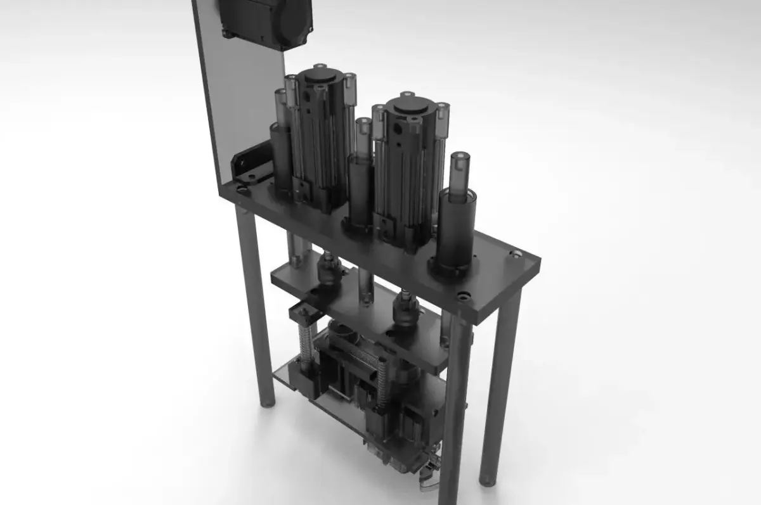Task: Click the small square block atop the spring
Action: pyautogui.click(x=303, y=313)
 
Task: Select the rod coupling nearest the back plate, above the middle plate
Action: pyautogui.click(x=330, y=269)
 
